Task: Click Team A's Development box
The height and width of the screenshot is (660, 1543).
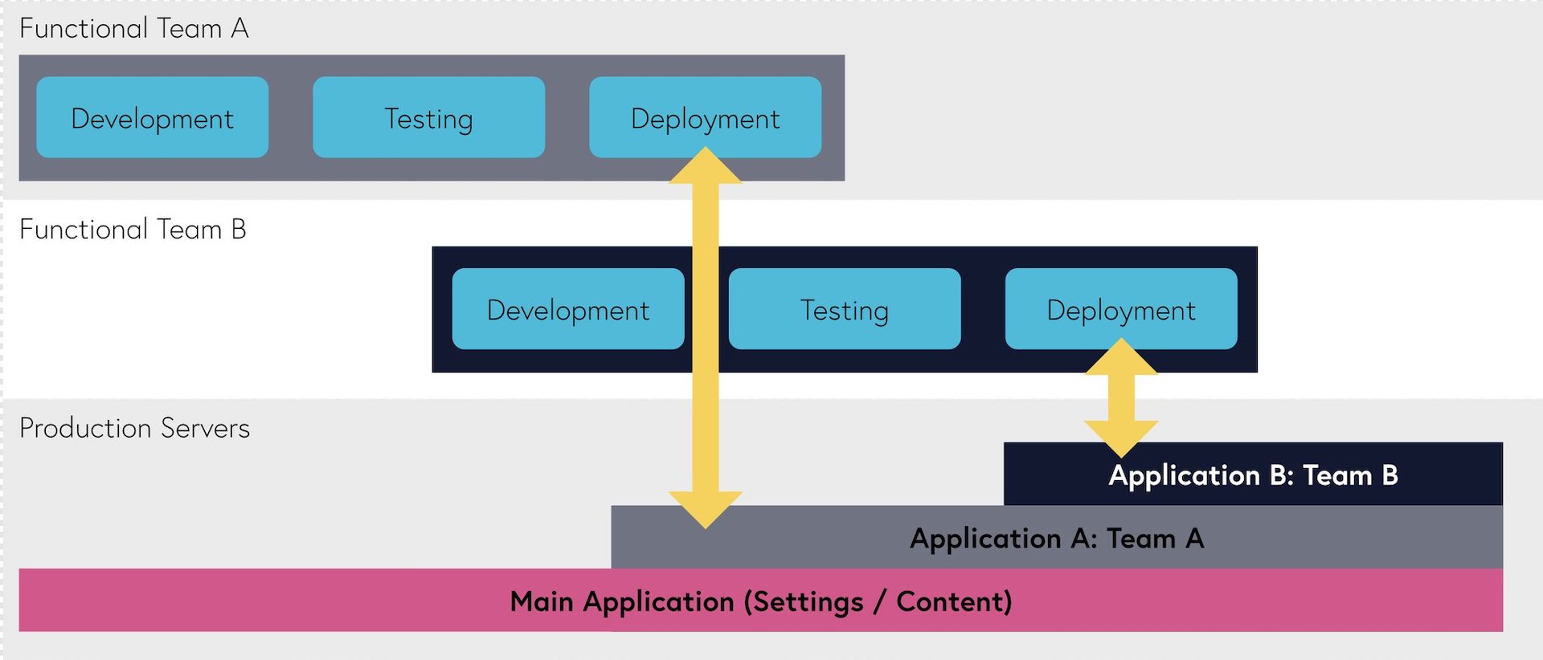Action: point(153,117)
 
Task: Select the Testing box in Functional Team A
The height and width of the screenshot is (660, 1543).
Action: point(429,117)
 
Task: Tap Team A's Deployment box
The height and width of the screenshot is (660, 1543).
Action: point(706,117)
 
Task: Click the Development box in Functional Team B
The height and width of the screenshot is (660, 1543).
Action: point(568,309)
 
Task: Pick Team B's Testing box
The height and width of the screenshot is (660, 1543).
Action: point(845,309)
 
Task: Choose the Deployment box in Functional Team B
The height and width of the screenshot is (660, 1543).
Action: point(1121,309)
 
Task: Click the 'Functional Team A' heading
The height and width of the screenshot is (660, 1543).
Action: point(134,29)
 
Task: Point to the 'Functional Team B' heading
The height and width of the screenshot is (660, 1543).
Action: point(133,230)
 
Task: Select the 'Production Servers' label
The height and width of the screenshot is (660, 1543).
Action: point(135,428)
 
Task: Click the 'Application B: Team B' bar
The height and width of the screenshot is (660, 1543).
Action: point(1253,474)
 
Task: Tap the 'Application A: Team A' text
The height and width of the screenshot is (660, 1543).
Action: point(1057,538)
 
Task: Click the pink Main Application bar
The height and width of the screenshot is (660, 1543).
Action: point(761,601)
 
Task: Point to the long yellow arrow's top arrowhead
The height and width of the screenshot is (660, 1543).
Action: point(706,165)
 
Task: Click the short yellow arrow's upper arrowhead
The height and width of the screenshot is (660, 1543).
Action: point(1122,356)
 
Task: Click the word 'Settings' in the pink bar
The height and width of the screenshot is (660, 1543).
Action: point(804,602)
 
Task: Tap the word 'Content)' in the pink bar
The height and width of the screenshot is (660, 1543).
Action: point(955,602)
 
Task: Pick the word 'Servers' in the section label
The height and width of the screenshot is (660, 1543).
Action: point(206,428)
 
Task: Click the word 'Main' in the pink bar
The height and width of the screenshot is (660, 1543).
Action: point(542,601)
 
